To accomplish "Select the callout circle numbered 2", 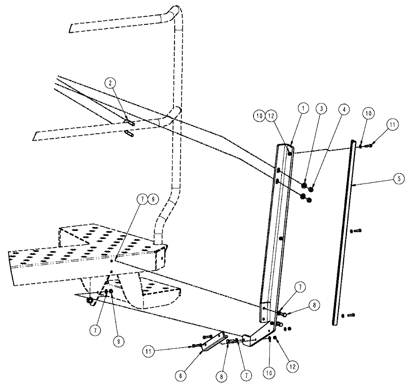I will point(110,84).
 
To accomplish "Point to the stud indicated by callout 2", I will point(129,122).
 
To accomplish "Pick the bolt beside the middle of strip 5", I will point(354,230).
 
